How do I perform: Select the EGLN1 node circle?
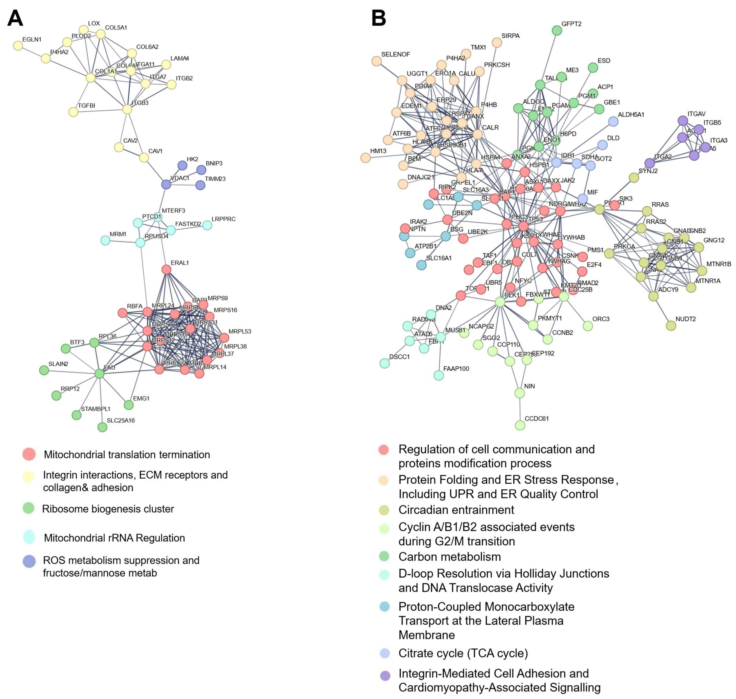pyautogui.click(x=18, y=45)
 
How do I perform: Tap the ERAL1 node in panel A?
pyautogui.click(x=166, y=269)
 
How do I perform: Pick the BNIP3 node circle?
pyautogui.click(x=201, y=170)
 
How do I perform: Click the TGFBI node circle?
pyautogui.click(x=73, y=112)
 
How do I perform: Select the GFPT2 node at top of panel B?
pyautogui.click(x=557, y=30)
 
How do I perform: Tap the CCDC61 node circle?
pyautogui.click(x=520, y=425)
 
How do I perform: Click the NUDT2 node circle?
pyautogui.click(x=671, y=326)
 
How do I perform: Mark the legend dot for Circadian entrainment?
pyautogui.click(x=384, y=510)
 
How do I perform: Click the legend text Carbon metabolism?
pyautogui.click(x=449, y=557)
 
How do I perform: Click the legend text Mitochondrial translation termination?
pyautogui.click(x=127, y=455)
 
